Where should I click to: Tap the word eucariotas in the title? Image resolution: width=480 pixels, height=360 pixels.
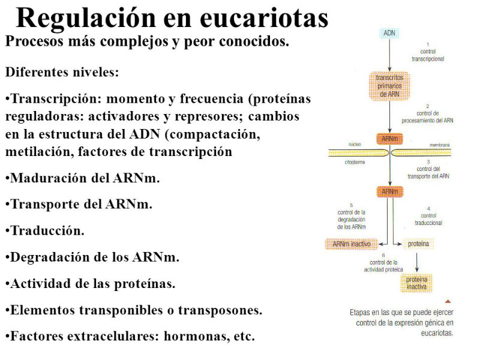[264, 19]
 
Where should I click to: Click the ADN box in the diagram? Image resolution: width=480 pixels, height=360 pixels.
[389, 33]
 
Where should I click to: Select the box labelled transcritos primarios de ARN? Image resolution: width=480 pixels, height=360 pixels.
[389, 86]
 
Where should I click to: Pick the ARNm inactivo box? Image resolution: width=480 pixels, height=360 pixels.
[352, 244]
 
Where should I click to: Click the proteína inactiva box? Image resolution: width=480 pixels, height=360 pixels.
[416, 283]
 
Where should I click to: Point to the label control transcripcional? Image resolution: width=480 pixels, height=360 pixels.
[428, 55]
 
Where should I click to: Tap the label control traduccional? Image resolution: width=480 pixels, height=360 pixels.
[428, 219]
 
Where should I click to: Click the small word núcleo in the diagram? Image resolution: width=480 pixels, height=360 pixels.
[355, 144]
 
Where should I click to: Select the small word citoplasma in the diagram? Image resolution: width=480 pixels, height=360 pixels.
[355, 162]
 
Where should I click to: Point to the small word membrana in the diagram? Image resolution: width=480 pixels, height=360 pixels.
[440, 145]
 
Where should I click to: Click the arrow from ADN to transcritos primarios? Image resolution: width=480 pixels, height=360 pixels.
[389, 55]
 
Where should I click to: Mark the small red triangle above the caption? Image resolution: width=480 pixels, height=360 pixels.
[448, 302]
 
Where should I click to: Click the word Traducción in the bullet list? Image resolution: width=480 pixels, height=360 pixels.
[47, 231]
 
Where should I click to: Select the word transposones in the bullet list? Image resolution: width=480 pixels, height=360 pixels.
[220, 310]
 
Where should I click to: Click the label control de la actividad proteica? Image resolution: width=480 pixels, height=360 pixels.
[383, 266]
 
